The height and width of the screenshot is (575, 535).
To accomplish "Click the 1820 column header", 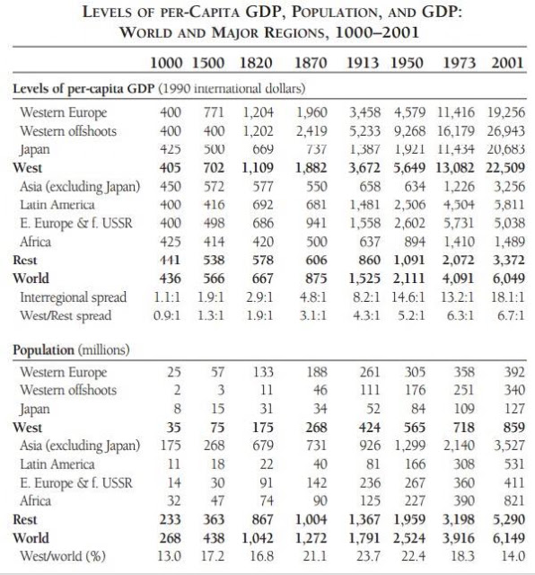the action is (256, 63).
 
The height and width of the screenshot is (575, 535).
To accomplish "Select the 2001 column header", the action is (507, 63).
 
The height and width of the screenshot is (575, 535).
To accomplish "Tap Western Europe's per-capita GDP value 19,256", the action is (505, 112).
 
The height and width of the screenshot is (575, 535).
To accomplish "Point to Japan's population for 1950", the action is (417, 409).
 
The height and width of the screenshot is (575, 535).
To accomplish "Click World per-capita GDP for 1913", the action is (364, 279).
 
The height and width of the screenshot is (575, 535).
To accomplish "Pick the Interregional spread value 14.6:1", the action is (408, 297).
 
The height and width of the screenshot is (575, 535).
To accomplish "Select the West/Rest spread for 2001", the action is (511, 315).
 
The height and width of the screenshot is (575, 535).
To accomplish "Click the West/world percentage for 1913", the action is (368, 556).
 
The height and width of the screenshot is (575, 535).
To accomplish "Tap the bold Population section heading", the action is (43, 349).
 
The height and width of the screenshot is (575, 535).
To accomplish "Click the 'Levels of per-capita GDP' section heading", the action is (83, 89).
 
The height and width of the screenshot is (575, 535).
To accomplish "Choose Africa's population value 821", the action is (514, 501).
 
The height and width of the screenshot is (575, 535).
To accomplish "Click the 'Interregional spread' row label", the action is (74, 297).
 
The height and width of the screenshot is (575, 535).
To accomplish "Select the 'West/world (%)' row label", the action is (63, 556).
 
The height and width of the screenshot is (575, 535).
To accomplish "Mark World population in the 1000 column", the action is (170, 538).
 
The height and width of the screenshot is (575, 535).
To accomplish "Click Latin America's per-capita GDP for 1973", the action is (459, 205).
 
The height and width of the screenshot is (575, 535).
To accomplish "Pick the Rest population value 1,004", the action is (311, 519).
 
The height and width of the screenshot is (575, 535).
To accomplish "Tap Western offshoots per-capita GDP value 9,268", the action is (409, 131).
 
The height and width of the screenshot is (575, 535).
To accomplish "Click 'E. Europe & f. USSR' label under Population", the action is (76, 482).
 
